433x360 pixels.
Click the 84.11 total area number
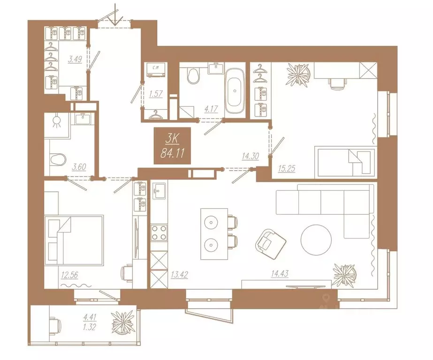pyautogui.click(x=172, y=152)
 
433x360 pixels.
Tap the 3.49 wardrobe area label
pyautogui.click(x=75, y=60)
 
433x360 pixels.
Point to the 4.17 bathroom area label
pyautogui.click(x=211, y=109)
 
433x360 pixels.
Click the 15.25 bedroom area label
pyautogui.click(x=287, y=168)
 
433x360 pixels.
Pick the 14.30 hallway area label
pyautogui.click(x=250, y=157)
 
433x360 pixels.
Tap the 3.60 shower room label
pyautogui.click(x=79, y=167)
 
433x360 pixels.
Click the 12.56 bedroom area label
pyautogui.click(x=70, y=275)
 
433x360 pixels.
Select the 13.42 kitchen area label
pyautogui.click(x=180, y=275)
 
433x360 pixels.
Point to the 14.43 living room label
pyautogui.click(x=280, y=274)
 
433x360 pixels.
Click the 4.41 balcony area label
pyautogui.click(x=90, y=317)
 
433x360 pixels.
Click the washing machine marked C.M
pyautogui.click(x=156, y=69)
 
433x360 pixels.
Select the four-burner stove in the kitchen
pyautogui.click(x=159, y=233)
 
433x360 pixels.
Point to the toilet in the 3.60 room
pyautogui.click(x=59, y=159)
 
